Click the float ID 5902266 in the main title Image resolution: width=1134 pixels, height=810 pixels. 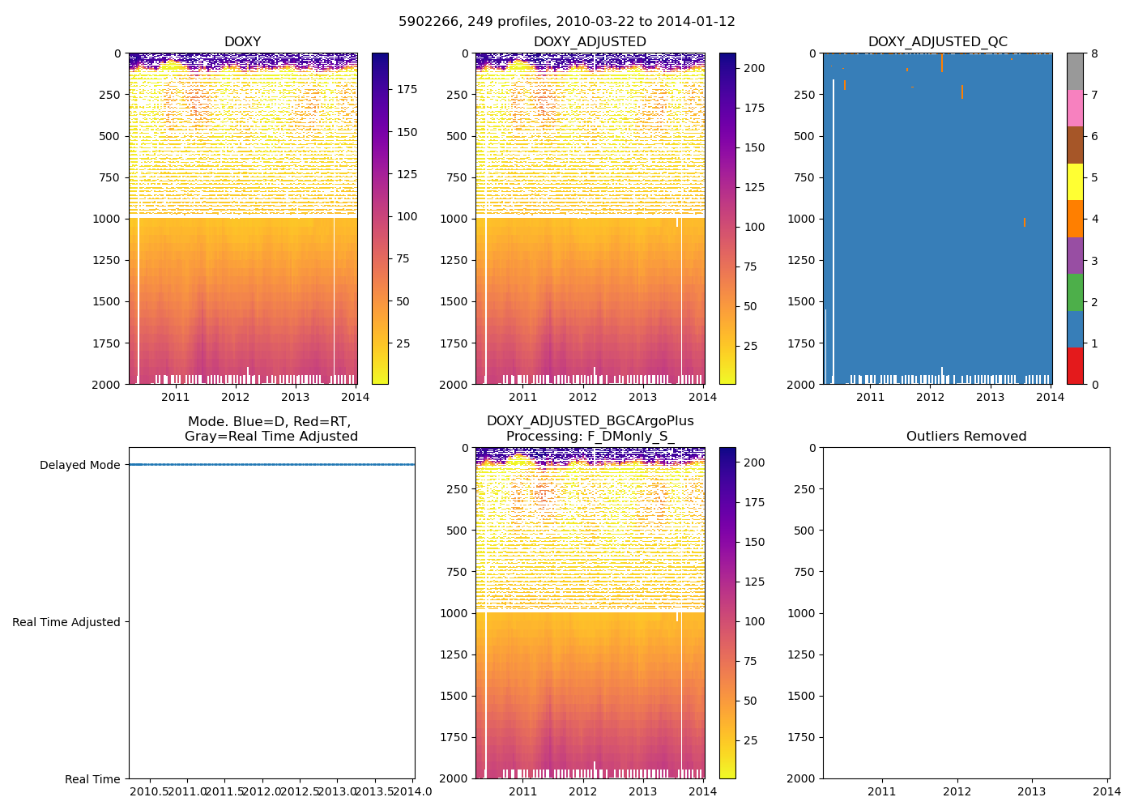425,22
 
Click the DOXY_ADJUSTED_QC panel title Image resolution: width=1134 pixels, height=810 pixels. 937,42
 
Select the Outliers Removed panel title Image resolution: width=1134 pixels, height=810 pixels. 966,437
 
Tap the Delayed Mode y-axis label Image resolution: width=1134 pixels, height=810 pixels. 79,465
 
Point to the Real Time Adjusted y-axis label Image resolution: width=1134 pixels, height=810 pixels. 66,622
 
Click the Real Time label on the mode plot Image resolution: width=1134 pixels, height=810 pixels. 92,779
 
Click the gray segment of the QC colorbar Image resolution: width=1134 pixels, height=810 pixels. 1075,71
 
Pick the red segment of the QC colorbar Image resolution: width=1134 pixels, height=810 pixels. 1075,365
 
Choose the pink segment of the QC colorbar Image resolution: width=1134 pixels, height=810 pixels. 1075,108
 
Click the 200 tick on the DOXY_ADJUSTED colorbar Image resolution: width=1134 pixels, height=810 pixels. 754,69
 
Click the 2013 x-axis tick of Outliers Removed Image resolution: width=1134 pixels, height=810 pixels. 1031,791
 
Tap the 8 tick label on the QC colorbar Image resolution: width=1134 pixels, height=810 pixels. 1094,53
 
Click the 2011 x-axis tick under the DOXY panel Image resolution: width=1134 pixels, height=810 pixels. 176,396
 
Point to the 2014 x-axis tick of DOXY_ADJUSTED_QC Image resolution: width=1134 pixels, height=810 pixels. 1051,396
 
